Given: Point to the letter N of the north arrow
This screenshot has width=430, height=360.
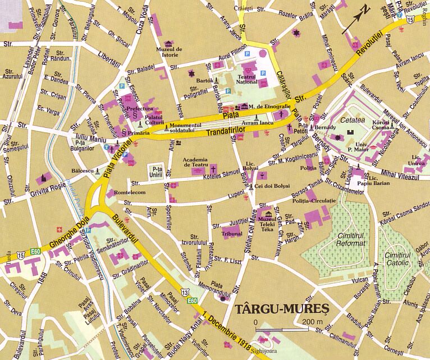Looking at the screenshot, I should pyautogui.click(x=365, y=10).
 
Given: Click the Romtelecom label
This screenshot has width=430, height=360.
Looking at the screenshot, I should pyautogui.click(x=130, y=193).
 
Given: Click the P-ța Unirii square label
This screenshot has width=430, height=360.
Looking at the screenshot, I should pyautogui.click(x=157, y=171).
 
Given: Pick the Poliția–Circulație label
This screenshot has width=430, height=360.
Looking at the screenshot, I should pyautogui.click(x=313, y=200).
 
